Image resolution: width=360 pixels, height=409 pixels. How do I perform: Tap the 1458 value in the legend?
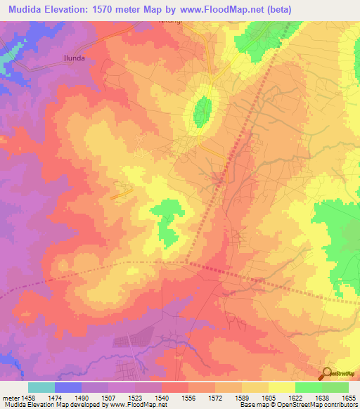click(x=28, y=396)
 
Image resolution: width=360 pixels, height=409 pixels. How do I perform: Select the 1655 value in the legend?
click(x=349, y=396)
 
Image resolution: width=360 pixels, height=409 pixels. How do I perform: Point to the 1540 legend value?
click(x=162, y=396)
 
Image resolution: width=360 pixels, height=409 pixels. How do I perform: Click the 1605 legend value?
click(x=269, y=396)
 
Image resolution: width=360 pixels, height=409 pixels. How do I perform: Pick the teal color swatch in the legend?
click(x=41, y=387)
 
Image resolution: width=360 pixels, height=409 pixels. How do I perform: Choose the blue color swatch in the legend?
click(x=68, y=387)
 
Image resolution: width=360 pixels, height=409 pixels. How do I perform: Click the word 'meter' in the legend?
click(x=10, y=396)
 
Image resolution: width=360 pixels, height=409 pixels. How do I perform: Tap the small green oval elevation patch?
click(x=202, y=110)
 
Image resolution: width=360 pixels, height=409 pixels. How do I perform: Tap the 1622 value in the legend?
click(x=295, y=396)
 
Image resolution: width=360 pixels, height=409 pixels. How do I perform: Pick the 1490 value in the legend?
click(x=82, y=396)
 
